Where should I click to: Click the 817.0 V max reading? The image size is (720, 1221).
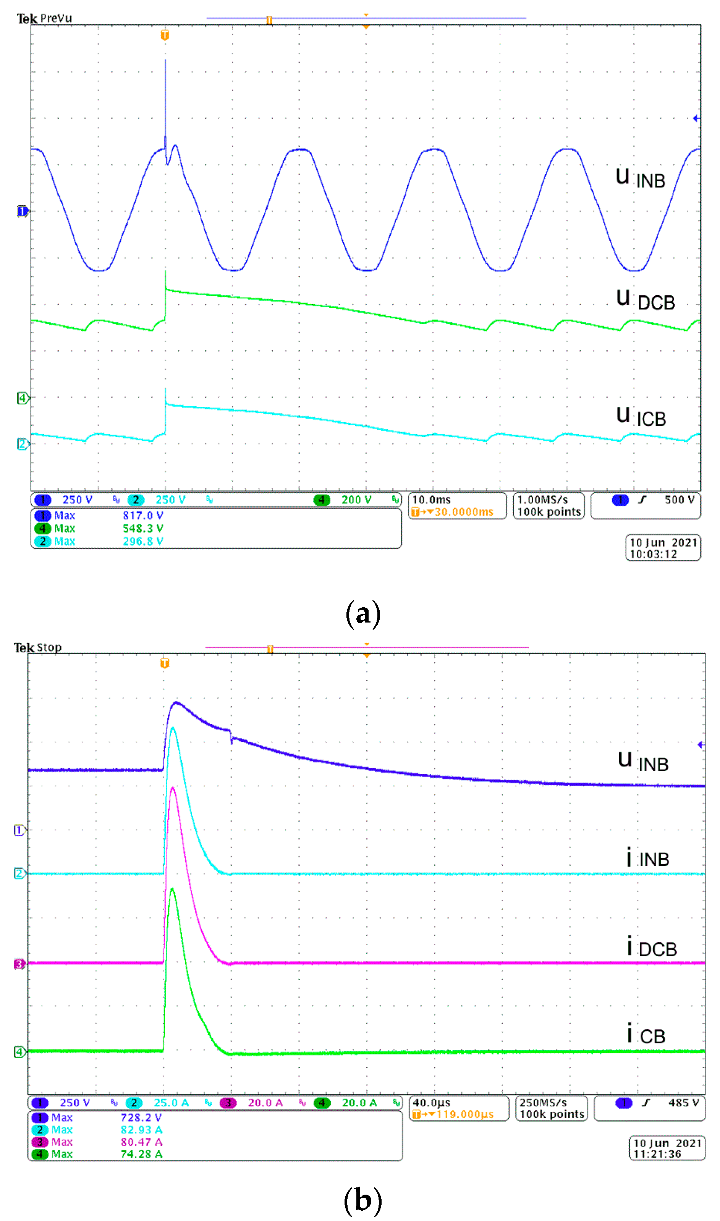tap(142, 516)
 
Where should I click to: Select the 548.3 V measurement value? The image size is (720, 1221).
tap(142, 528)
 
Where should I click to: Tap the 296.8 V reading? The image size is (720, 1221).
tap(142, 542)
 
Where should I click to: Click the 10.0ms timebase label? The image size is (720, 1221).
tap(431, 500)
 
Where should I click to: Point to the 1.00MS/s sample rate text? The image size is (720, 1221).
tap(542, 500)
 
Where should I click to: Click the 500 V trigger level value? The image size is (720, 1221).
tap(679, 500)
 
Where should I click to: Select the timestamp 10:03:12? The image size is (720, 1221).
tap(653, 555)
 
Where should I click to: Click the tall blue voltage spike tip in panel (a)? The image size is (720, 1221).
tap(165, 60)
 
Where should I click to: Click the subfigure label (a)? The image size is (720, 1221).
tap(363, 613)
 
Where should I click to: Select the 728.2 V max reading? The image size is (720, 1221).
tap(141, 1117)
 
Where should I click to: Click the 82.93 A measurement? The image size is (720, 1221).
tap(141, 1130)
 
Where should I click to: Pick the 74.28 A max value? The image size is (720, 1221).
tap(141, 1155)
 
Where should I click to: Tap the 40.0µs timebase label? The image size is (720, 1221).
tap(431, 1103)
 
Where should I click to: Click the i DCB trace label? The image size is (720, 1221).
tap(651, 948)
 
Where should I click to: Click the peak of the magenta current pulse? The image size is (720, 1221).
tap(173, 788)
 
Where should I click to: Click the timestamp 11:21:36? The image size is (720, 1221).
tap(657, 1155)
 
